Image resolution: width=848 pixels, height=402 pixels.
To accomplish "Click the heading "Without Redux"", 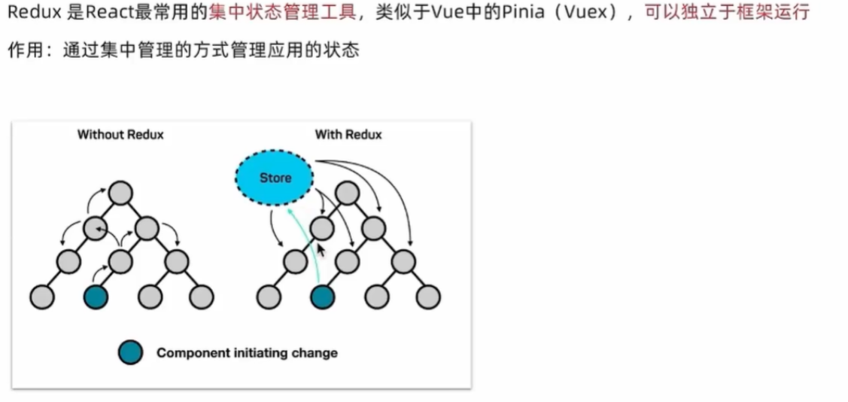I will [120, 135].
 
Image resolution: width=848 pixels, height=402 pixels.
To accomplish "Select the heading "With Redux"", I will [348, 135].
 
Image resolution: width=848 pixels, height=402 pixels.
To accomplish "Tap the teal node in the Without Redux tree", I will [96, 297].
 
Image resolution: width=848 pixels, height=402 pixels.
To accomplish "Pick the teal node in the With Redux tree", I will [322, 297].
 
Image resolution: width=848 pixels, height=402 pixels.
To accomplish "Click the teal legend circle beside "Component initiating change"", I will [130, 352].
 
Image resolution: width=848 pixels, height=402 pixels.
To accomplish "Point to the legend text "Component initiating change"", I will [247, 352].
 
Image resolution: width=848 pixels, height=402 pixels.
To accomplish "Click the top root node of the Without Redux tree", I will [120, 192].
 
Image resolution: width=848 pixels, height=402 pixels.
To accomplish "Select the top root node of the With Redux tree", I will [348, 192].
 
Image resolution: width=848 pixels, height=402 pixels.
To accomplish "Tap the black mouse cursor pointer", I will [321, 250].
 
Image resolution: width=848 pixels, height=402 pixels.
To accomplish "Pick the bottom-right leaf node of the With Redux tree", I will [429, 297].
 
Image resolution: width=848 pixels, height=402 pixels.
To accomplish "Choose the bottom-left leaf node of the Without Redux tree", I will [42, 297].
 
